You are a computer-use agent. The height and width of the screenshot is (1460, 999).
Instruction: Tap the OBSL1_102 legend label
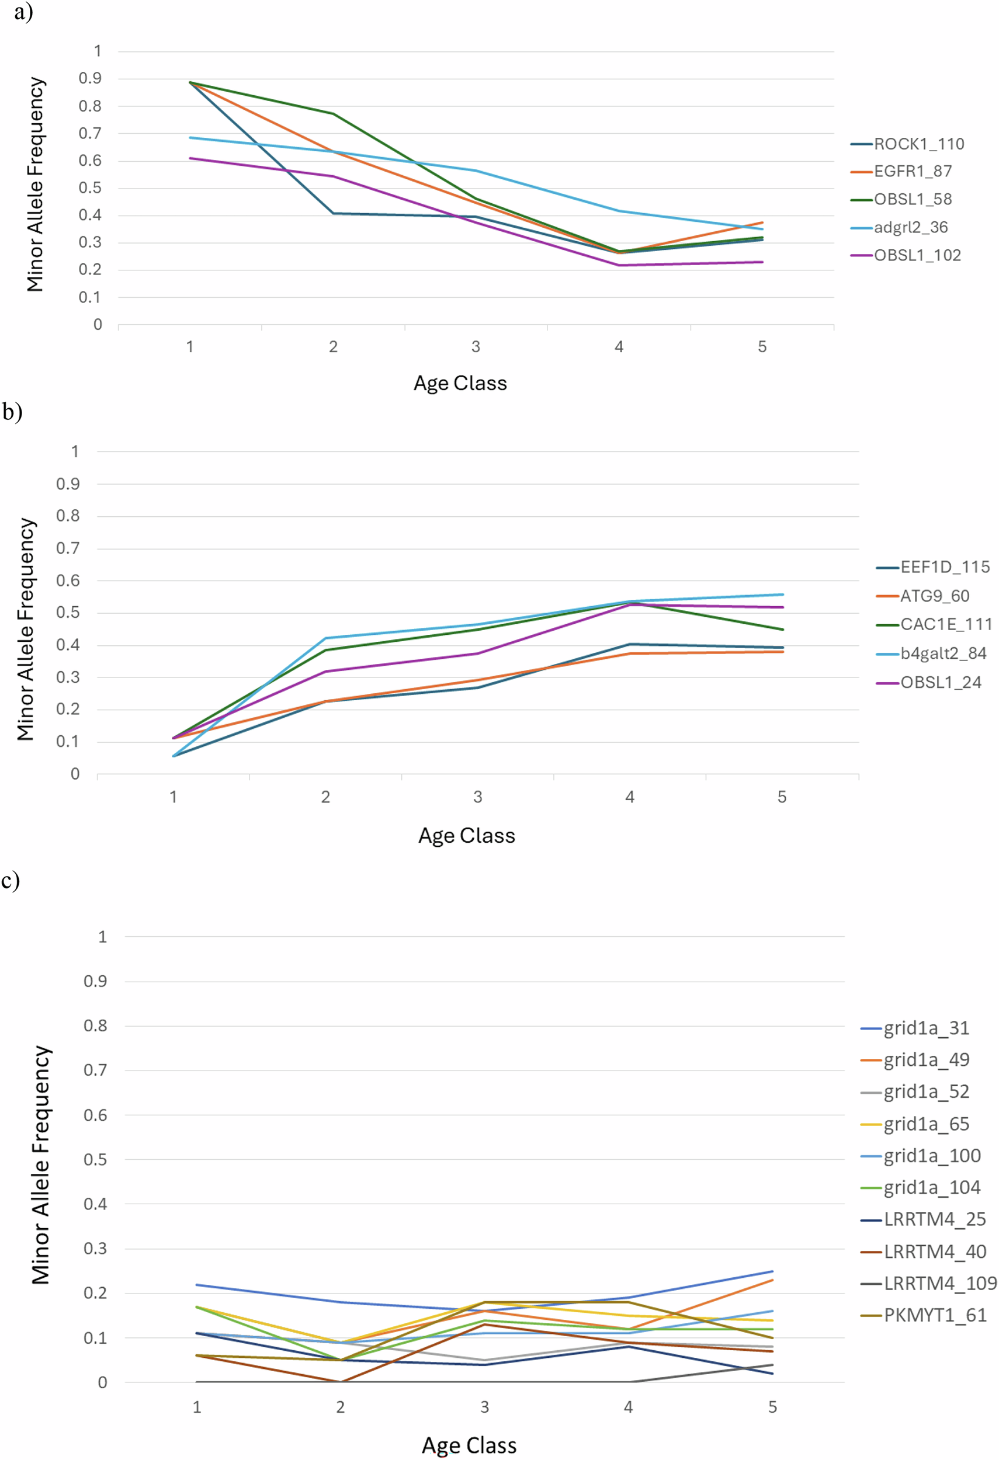tap(917, 255)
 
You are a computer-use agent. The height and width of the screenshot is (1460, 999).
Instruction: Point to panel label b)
tap(13, 412)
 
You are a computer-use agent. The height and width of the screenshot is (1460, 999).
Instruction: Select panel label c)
tap(11, 880)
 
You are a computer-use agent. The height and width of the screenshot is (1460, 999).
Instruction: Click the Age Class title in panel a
tap(460, 383)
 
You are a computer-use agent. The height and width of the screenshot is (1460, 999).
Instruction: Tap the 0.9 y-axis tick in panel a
tap(90, 78)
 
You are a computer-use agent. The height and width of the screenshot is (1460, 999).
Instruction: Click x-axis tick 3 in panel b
tap(477, 797)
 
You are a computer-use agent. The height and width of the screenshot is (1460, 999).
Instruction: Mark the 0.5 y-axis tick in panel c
tap(95, 1159)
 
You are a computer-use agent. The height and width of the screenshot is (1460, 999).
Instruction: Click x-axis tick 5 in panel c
tap(772, 1407)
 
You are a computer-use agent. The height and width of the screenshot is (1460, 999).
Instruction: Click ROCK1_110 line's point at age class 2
tap(333, 214)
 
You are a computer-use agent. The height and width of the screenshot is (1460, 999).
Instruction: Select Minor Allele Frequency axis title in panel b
tap(25, 629)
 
